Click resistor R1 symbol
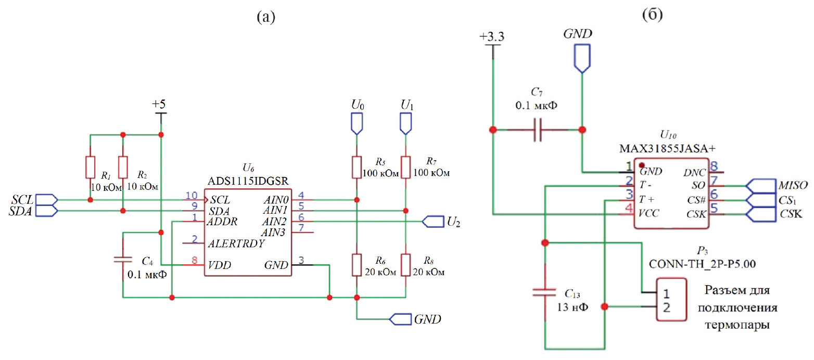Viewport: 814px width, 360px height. coord(90,166)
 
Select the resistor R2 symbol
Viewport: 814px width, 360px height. coord(123,166)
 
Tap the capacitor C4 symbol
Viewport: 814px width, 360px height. coord(123,259)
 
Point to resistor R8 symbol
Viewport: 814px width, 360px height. coord(405,264)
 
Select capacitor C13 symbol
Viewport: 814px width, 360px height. coord(545,293)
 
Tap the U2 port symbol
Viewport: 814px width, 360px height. coord(431,222)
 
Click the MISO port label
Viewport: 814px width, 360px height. coord(793,186)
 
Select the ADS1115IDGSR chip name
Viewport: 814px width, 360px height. coord(248,181)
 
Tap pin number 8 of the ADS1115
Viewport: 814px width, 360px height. coord(195,262)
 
